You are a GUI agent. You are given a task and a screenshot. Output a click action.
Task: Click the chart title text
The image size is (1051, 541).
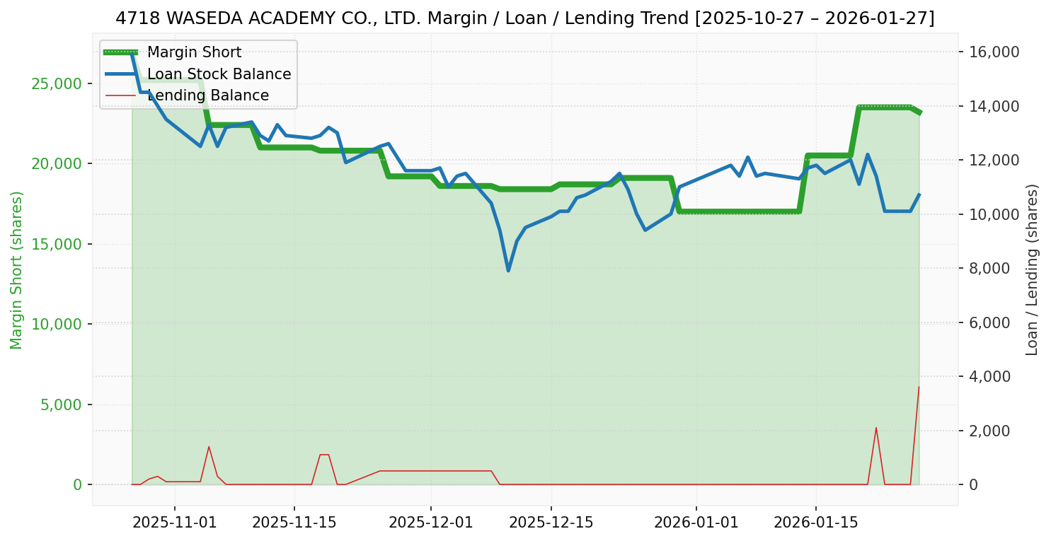point(525,18)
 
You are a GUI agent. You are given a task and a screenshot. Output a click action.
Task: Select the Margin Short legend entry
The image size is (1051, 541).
point(194,52)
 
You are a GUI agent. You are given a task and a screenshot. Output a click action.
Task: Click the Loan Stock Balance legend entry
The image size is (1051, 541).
point(219,74)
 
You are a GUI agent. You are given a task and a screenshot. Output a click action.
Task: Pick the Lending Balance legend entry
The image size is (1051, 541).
point(207,95)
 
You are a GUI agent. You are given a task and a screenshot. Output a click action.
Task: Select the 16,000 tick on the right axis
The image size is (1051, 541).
point(989,52)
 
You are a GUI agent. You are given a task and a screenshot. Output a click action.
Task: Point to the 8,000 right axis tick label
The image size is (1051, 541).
point(993,269)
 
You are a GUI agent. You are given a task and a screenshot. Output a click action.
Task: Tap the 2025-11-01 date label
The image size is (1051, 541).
point(175,523)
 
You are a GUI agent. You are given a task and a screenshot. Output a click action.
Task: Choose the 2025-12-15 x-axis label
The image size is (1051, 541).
point(551,523)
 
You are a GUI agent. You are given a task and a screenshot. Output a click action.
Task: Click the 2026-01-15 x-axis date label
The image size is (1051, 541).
point(816,523)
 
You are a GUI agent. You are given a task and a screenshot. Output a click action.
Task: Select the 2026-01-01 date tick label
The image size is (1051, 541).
point(696,523)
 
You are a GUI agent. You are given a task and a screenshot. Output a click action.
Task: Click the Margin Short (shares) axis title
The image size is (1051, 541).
point(16,269)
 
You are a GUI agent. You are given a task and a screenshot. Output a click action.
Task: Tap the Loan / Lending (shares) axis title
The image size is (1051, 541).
point(1032,269)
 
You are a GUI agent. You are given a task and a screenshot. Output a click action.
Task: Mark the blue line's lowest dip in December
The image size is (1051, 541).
point(508,270)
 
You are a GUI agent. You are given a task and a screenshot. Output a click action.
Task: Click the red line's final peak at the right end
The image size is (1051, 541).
point(919,387)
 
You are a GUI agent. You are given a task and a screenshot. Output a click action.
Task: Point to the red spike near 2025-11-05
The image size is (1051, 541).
point(209,446)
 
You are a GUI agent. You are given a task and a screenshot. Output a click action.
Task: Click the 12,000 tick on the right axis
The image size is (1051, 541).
point(989,161)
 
